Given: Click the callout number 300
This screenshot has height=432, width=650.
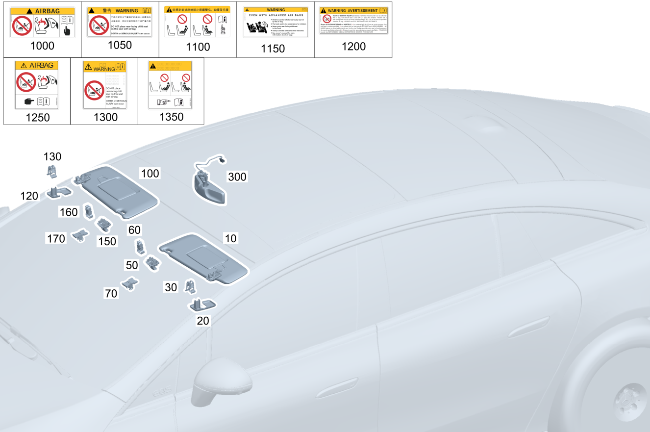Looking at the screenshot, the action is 237,177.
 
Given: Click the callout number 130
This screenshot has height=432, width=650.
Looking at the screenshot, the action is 52,157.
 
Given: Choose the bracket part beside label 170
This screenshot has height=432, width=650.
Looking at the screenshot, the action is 80,235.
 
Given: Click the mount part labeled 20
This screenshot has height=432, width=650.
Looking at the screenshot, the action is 201,305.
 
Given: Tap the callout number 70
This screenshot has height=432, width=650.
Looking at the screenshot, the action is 111,294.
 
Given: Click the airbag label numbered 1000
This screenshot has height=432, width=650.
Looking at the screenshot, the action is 43,23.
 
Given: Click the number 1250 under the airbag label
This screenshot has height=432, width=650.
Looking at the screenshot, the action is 37,118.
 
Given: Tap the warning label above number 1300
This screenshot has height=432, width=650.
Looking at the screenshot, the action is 105,85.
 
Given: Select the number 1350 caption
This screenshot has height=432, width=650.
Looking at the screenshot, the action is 171,117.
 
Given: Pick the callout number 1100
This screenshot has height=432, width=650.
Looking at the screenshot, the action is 198,47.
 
